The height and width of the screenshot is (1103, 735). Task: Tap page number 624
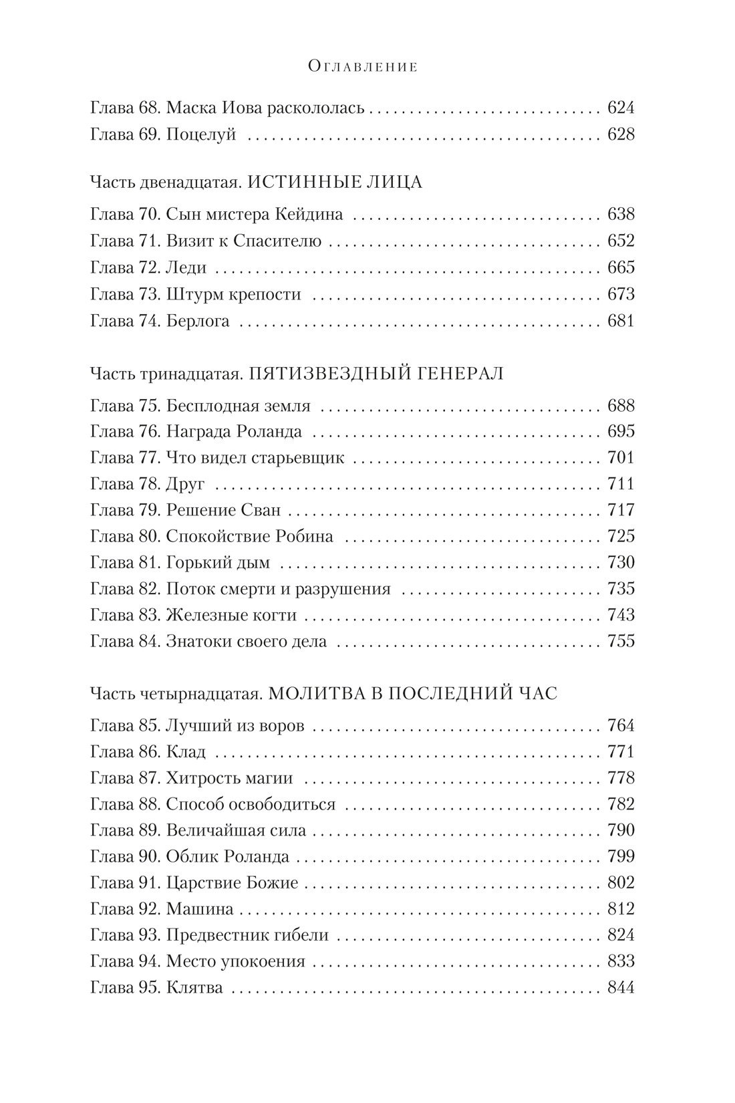tap(620, 108)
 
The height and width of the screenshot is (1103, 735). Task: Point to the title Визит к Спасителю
tap(243, 241)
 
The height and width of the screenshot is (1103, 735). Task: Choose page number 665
tap(620, 268)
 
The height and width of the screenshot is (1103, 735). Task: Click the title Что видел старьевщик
tap(255, 458)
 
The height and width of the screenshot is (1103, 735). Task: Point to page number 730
tap(620, 563)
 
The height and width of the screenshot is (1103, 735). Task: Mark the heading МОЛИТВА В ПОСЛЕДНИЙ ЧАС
tap(412, 693)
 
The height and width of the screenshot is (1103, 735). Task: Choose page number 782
tap(620, 804)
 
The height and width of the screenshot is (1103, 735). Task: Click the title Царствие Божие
tap(231, 883)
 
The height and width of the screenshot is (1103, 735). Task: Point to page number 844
tap(620, 988)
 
